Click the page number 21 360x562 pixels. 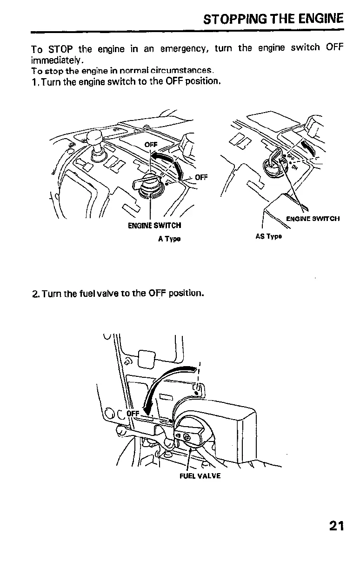click(336, 526)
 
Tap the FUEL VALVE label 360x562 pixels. click(193, 475)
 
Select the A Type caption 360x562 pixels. click(169, 239)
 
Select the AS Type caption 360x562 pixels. click(269, 236)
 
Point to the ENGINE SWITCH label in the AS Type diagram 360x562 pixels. click(313, 218)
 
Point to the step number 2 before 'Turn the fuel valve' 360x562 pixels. click(35, 294)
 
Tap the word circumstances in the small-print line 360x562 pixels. click(186, 71)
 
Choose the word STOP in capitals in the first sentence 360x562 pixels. click(60, 48)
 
